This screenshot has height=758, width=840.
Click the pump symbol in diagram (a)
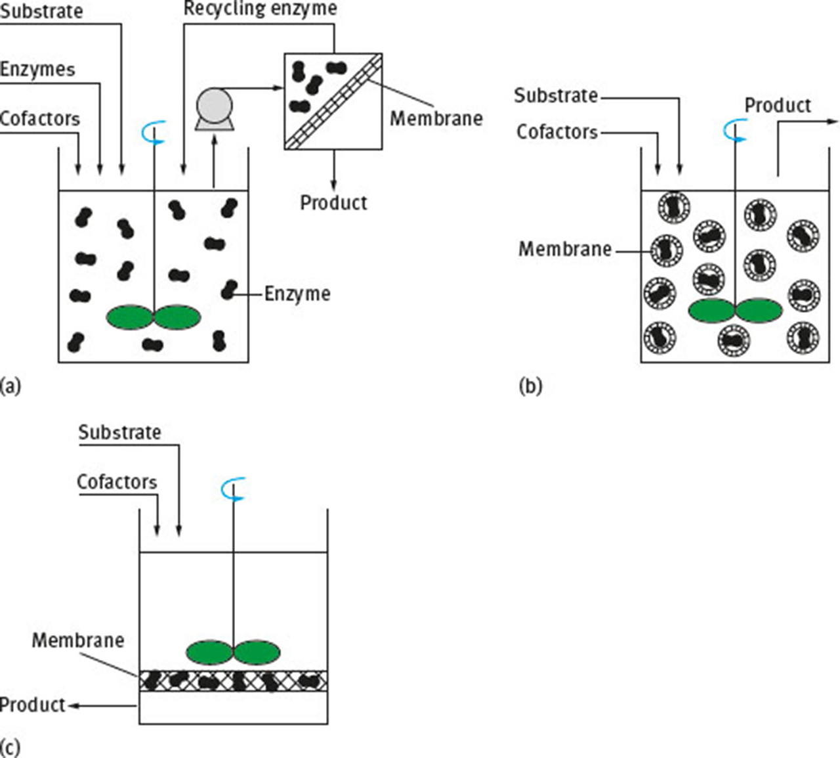215,108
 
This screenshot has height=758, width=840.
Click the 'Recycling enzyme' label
260,9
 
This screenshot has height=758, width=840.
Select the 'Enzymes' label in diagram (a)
37,69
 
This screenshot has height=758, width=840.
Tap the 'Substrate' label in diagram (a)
41,11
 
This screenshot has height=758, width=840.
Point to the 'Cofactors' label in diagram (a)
40,118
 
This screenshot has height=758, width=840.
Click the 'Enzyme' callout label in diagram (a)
297,294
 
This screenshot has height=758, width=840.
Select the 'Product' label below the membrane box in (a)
333,202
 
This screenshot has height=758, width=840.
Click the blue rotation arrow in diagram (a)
154,133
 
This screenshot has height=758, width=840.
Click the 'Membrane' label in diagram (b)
565,249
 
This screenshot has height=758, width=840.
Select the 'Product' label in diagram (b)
778,105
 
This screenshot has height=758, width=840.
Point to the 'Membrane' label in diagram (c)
78,640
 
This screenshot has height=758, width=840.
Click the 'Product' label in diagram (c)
33,705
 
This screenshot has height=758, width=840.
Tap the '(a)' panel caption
10,385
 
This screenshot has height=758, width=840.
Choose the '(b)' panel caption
530,386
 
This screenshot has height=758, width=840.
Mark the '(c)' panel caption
10,747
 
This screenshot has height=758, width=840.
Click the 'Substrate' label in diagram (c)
119,432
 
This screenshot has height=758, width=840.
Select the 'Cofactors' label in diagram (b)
557,132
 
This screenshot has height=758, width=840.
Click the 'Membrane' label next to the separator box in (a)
436,118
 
